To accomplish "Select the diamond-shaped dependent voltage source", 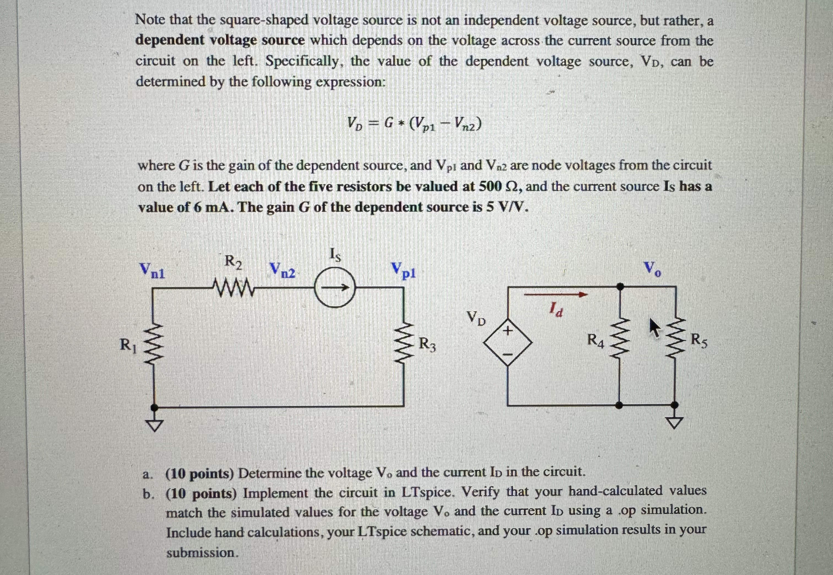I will click(508, 342).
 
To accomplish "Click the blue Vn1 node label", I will click(153, 271).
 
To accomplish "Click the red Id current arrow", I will click(555, 295).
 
